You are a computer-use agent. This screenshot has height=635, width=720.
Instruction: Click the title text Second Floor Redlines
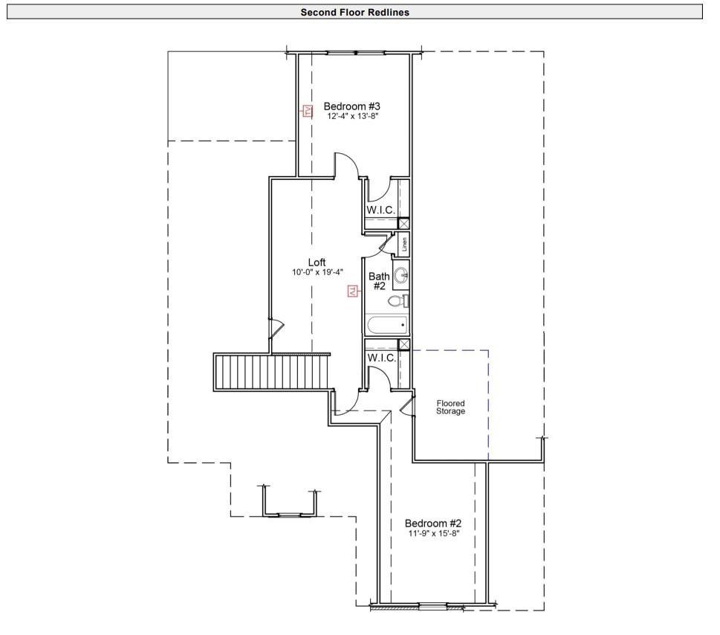click(354, 12)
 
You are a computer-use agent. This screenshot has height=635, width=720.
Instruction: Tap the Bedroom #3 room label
click(351, 106)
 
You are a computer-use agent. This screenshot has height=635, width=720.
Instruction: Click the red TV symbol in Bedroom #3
click(306, 112)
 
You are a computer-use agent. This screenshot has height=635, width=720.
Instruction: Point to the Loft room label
click(317, 262)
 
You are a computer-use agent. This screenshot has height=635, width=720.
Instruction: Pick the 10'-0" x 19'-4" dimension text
click(317, 272)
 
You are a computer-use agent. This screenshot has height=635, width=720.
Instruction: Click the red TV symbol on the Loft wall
click(353, 291)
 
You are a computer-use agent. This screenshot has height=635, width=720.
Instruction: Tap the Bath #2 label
click(379, 281)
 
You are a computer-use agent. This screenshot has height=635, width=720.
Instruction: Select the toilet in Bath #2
click(399, 301)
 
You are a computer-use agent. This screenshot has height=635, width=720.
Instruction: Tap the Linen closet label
click(404, 245)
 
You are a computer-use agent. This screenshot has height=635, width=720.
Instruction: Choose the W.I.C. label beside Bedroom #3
click(380, 210)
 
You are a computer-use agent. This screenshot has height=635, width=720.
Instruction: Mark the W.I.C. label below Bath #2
click(381, 358)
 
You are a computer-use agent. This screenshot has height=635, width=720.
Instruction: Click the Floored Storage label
click(450, 407)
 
